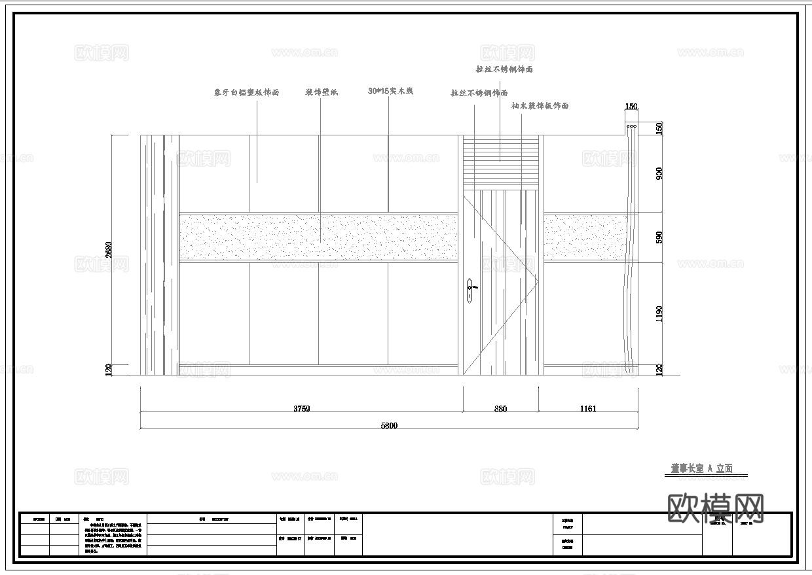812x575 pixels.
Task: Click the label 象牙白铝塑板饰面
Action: pyautogui.click(x=246, y=93)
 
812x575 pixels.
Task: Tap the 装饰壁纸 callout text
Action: pyautogui.click(x=322, y=92)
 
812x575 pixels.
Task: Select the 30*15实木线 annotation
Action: pyautogui.click(x=390, y=92)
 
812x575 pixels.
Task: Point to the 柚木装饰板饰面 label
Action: pyautogui.click(x=540, y=105)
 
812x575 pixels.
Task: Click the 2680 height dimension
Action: pyautogui.click(x=109, y=249)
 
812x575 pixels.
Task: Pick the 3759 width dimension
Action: pyautogui.click(x=301, y=409)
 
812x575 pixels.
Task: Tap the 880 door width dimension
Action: pyautogui.click(x=500, y=409)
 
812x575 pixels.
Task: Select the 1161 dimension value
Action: pyautogui.click(x=587, y=409)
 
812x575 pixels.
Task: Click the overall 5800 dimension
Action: pyautogui.click(x=389, y=425)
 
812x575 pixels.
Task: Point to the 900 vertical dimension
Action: pyautogui.click(x=659, y=173)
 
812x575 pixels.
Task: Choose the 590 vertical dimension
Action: pyautogui.click(x=659, y=237)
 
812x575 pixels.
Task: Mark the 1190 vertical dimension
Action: pyautogui.click(x=659, y=313)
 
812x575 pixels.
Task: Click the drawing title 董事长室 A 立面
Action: pyautogui.click(x=701, y=468)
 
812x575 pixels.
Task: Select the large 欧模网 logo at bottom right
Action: pyautogui.click(x=715, y=508)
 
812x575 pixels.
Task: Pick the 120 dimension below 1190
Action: pyautogui.click(x=659, y=370)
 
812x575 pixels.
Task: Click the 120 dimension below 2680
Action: pyautogui.click(x=109, y=370)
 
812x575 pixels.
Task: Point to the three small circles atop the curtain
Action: pyautogui.click(x=632, y=126)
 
